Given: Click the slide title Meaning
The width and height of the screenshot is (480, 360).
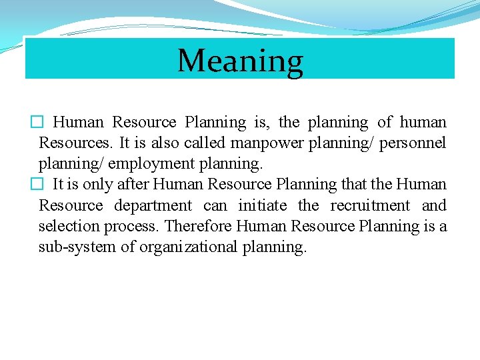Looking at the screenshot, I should [x=240, y=61].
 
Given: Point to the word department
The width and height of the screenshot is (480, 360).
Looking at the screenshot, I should [x=153, y=205].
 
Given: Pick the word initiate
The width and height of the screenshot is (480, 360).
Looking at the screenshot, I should [x=262, y=205].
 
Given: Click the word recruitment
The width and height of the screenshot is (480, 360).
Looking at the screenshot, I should [x=370, y=205].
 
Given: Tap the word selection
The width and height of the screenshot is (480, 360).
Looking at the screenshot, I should [x=65, y=226].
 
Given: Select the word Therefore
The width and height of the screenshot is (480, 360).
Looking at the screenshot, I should [x=199, y=226].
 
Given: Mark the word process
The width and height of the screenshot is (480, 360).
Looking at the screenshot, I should [x=133, y=226].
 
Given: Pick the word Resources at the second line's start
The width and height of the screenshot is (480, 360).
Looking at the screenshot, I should [x=73, y=143].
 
